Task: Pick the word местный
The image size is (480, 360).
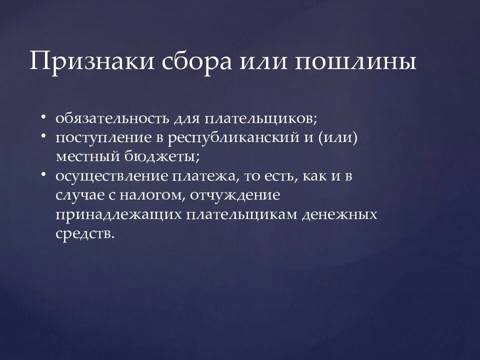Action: click(84, 156)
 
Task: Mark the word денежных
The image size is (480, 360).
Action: click(346, 214)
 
